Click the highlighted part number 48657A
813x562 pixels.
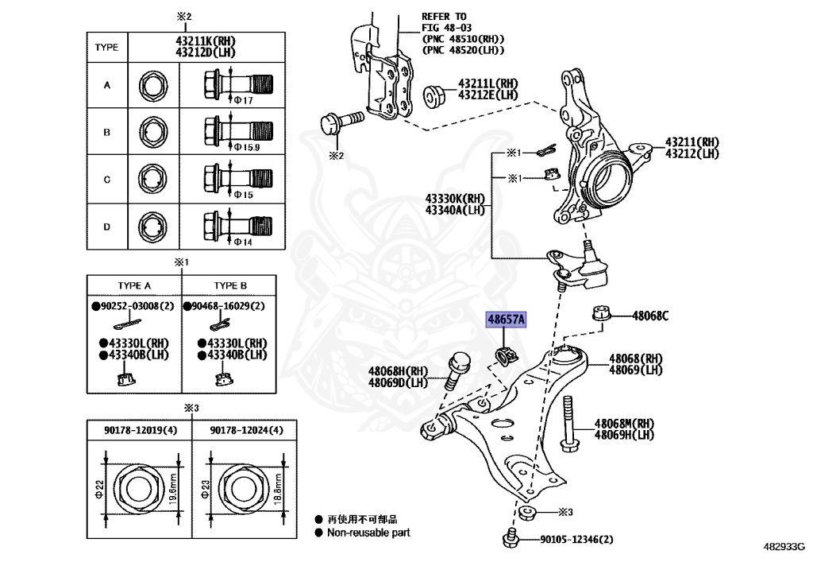(x=506, y=320)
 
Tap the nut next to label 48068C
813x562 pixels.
(x=601, y=314)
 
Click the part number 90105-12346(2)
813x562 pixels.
(x=576, y=540)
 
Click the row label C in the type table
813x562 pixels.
(x=106, y=180)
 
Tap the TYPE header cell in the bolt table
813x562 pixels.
(x=106, y=47)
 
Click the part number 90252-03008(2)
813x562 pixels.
(x=133, y=306)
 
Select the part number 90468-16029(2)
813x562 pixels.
(x=225, y=306)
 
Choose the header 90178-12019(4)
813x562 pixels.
(x=141, y=430)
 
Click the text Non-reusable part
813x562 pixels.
(x=368, y=533)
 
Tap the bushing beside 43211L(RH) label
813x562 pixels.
(x=435, y=94)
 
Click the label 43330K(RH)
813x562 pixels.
(x=454, y=200)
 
